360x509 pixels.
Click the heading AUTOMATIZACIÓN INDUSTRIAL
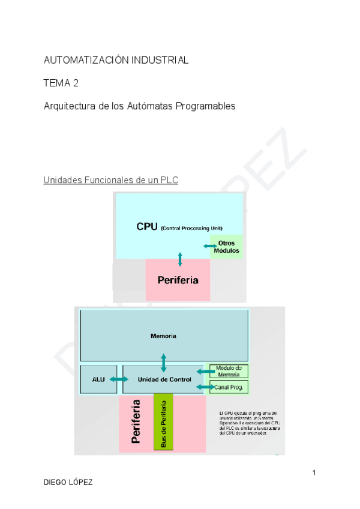point(116,60)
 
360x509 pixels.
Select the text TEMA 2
point(61,83)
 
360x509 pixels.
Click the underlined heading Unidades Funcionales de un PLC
point(110,180)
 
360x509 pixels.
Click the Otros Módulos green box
point(227,247)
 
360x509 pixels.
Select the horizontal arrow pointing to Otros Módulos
point(210,247)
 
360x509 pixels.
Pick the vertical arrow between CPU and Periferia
point(180,259)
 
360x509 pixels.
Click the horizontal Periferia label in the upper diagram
point(178,280)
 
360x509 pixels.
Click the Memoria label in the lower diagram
point(163,336)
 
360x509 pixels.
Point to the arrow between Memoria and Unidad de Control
point(164,363)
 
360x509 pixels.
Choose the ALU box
point(98,379)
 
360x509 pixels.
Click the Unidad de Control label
point(164,379)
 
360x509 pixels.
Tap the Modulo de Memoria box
point(229,371)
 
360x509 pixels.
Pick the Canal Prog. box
point(229,387)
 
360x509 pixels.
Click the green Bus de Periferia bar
point(163,421)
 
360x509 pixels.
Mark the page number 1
point(314,474)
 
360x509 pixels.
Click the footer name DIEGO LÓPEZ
point(68,483)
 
